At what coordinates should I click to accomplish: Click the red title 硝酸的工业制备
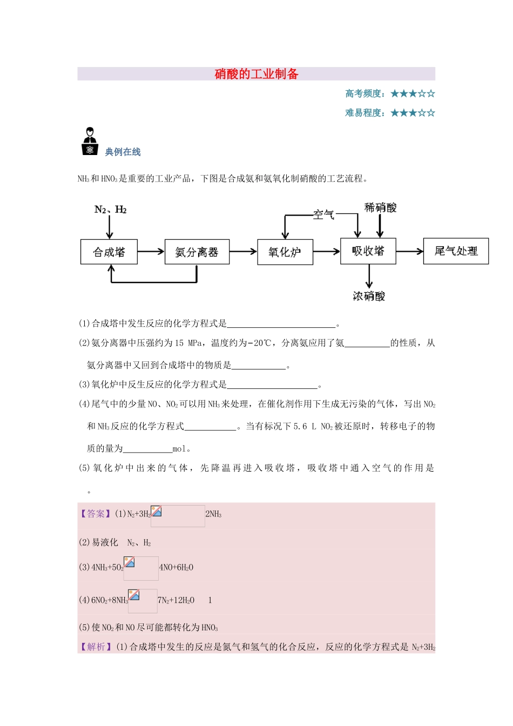256,74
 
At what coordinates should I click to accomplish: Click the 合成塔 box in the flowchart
109,252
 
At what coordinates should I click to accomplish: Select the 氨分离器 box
197,252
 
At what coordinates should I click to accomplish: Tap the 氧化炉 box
285,252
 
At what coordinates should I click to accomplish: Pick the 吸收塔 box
368,251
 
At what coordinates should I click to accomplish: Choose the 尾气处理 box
456,251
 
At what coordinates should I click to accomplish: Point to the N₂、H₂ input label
110,210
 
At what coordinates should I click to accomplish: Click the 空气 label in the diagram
323,214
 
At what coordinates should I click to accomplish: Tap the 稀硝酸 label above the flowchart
380,207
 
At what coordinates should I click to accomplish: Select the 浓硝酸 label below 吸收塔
369,296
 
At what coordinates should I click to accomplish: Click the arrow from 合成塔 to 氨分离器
151,251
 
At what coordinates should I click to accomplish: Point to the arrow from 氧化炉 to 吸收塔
327,251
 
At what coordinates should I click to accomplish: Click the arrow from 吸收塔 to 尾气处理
410,251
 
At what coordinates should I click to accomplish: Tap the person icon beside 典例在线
90,142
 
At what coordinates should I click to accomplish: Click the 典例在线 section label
123,152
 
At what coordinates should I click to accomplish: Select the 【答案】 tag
96,514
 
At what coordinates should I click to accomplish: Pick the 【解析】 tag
96,647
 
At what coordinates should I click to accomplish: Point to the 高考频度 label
365,93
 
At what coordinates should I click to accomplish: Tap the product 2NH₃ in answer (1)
214,514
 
